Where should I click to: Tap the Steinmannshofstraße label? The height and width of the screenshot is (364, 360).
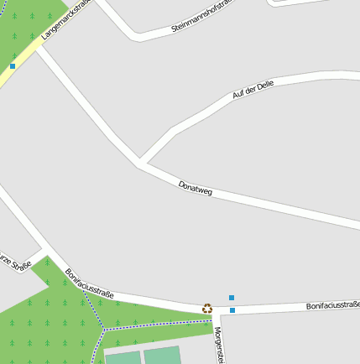[205, 16]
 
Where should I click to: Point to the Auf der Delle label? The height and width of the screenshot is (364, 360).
[253, 90]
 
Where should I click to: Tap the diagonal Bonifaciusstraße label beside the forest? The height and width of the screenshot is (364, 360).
[89, 283]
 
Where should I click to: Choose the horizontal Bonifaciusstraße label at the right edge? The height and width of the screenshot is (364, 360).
[332, 305]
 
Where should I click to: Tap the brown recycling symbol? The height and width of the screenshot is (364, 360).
[207, 308]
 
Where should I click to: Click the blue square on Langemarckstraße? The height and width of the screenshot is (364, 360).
[13, 65]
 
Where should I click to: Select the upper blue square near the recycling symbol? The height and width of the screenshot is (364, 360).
[232, 297]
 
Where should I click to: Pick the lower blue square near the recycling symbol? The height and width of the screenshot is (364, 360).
[232, 310]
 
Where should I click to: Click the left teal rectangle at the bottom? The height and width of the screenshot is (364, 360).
[123, 357]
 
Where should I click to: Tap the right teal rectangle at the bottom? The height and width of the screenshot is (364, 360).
[163, 355]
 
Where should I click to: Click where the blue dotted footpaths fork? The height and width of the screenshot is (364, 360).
[103, 329]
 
